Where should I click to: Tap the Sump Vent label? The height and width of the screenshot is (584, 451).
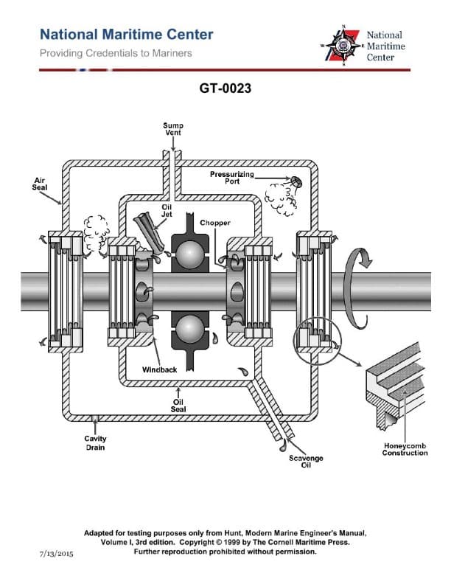tap(173, 129)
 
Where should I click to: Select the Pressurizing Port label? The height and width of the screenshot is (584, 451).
tap(232, 178)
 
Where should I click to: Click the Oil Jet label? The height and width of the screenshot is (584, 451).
tap(167, 211)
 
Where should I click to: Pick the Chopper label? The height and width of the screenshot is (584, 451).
tap(215, 223)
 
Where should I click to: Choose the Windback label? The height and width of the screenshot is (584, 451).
tap(159, 369)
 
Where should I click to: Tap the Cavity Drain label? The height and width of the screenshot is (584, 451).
tap(95, 443)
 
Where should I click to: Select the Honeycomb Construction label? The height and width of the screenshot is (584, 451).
tap(405, 449)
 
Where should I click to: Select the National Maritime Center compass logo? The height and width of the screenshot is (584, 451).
tap(342, 46)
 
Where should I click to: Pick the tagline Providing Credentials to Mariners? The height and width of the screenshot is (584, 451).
tap(116, 53)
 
